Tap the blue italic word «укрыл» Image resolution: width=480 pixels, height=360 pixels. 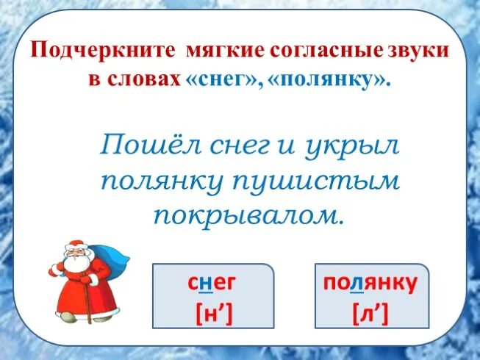(352, 146)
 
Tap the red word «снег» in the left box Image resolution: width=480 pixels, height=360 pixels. (213, 283)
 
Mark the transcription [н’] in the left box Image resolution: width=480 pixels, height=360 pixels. (213, 314)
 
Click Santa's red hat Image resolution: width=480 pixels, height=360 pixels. (75, 245)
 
